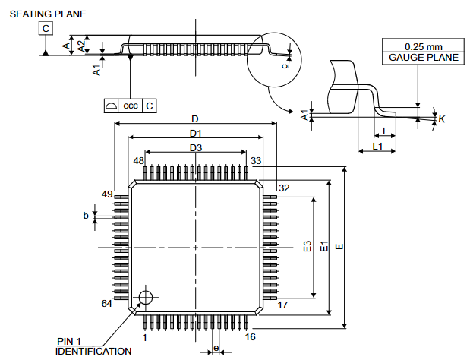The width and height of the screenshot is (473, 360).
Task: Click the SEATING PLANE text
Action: [48, 14]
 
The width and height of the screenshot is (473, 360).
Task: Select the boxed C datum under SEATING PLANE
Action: [46, 29]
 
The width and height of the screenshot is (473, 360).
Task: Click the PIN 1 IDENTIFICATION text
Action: [93, 346]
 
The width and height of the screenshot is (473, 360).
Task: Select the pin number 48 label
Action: [138, 161]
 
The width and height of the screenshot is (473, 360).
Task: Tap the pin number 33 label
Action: [256, 161]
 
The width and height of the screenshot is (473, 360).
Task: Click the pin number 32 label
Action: [284, 188]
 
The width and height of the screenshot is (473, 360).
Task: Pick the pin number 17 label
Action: [282, 305]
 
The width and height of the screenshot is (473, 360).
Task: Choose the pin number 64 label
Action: [107, 304]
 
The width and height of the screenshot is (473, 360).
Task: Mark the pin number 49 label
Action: [107, 194]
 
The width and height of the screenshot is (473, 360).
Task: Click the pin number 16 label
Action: [251, 336]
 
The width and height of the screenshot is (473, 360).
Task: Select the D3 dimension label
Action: [195, 147]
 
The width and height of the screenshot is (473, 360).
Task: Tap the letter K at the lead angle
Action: [442, 118]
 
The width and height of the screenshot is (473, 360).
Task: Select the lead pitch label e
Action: [216, 349]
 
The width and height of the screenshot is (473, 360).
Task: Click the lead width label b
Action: [86, 216]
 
